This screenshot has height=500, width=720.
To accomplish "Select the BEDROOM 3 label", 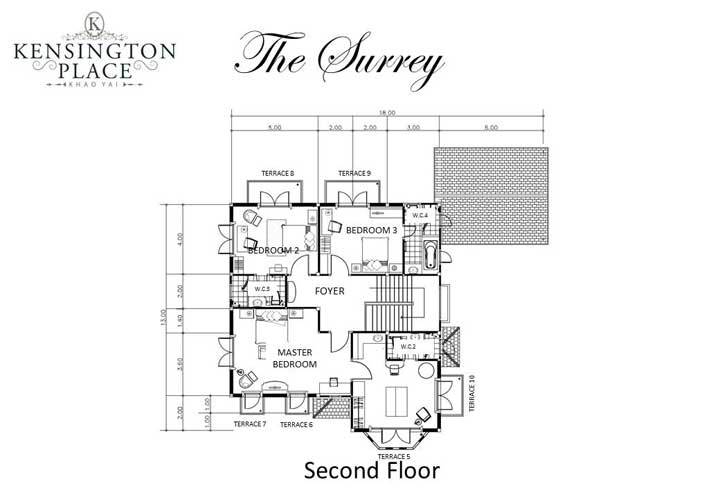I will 371,230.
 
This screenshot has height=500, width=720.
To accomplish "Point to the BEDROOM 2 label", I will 273,250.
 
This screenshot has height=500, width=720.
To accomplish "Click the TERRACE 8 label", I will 277,174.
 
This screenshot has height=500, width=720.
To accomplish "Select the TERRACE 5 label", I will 394,456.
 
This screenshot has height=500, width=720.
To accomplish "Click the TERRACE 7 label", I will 250,424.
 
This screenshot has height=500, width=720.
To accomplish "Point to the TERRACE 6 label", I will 296,425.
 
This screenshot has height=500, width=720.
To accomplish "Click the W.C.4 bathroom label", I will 420,215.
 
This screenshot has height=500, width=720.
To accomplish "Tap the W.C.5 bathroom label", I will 262,289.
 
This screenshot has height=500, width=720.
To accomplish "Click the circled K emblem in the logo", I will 93,21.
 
